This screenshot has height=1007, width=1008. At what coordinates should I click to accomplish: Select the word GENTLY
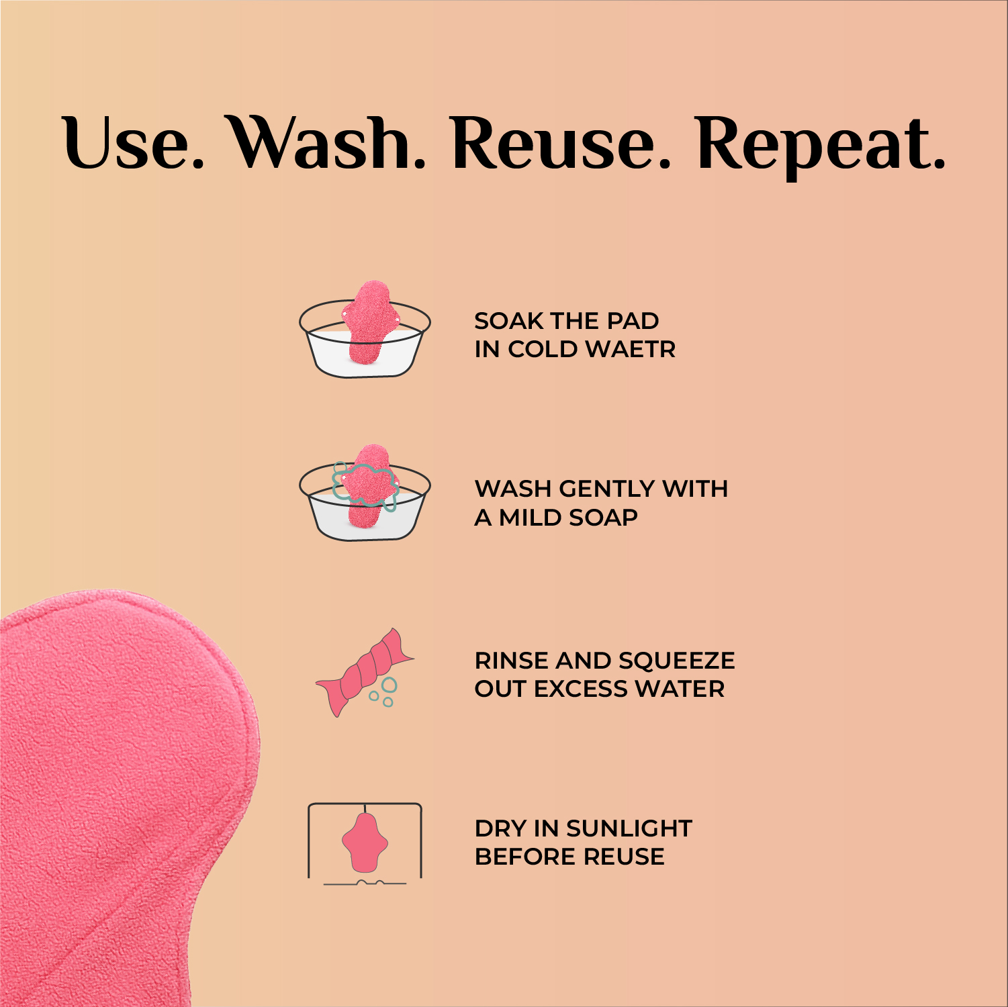606,489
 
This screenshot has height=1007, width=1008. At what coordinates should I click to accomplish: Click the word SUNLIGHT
629,828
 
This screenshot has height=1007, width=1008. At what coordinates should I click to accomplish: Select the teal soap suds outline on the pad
365,485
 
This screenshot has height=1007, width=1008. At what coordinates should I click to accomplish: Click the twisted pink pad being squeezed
365,671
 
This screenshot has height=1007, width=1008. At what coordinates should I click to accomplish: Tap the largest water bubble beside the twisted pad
389,685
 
